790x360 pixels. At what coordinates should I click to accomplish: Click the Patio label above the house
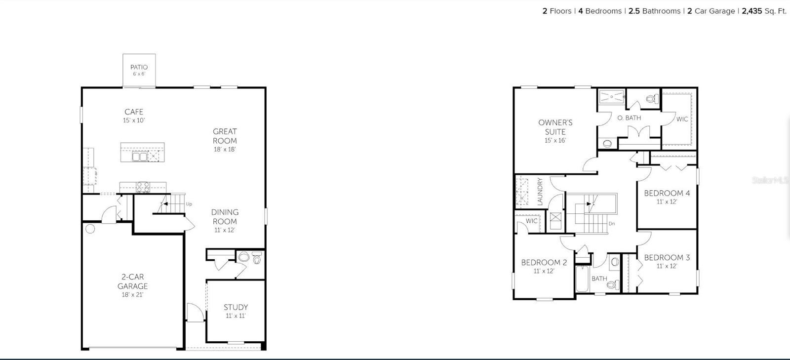point(139,67)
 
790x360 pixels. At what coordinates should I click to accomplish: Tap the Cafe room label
point(134,112)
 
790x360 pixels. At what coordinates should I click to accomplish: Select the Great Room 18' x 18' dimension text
point(225,149)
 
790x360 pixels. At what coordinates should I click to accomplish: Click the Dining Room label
point(225,217)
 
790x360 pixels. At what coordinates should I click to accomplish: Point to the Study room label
point(236,307)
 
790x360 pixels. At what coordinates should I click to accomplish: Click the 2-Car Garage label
point(132,281)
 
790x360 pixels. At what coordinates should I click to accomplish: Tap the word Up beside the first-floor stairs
point(189,204)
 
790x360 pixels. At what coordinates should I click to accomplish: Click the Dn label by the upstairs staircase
point(612,224)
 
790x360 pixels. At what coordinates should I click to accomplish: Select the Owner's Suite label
point(555,127)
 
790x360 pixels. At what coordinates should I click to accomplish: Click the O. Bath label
point(629,118)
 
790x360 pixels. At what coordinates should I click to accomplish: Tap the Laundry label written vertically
point(540,192)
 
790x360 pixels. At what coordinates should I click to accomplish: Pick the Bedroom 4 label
point(667,193)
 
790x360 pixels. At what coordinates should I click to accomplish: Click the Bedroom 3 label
point(667,257)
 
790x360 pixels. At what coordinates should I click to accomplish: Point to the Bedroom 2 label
point(544,262)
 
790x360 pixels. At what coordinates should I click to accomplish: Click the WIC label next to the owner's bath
point(682,119)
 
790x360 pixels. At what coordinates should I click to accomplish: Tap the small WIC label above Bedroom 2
point(531,221)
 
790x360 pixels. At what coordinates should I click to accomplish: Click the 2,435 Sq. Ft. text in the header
point(764,11)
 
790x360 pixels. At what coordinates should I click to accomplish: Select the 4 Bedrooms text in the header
point(599,11)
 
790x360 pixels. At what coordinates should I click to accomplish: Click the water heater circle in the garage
point(90,229)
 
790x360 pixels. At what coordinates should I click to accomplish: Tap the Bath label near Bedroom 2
point(599,279)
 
